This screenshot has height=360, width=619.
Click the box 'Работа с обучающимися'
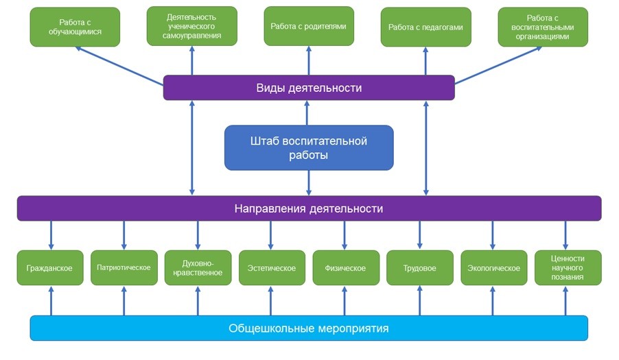75,27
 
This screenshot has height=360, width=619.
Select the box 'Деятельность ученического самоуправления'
192,26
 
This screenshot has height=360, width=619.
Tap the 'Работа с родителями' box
309,27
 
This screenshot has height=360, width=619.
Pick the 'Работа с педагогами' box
425,27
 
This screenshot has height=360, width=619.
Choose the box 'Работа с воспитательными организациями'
543,27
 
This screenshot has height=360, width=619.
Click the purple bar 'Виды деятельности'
309,88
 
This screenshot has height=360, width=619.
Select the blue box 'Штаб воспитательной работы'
309,147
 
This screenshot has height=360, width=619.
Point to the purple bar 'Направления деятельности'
309,208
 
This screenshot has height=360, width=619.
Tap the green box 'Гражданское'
49,268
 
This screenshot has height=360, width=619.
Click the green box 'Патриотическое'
124,267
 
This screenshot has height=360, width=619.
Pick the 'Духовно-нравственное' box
198,267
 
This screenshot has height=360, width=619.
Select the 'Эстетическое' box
271,268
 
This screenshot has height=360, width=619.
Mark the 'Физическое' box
344,268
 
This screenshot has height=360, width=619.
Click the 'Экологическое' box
492,268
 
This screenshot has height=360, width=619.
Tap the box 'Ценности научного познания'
568,267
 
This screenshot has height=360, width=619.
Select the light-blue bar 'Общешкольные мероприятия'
309,328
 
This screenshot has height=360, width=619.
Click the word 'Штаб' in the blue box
264,141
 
